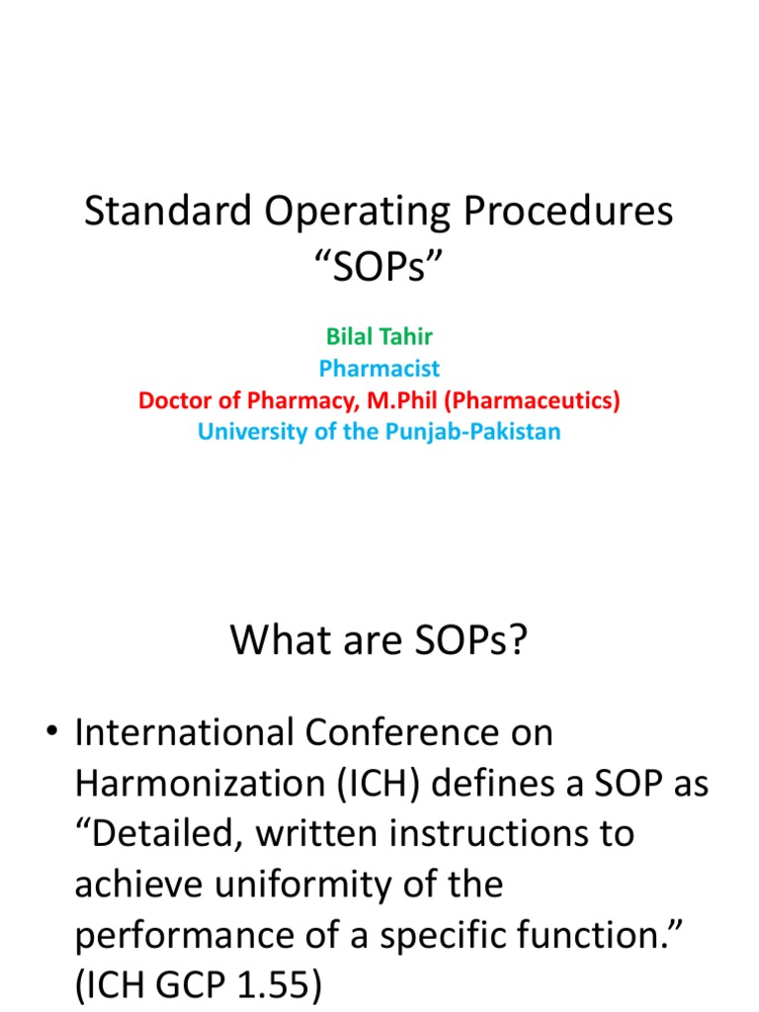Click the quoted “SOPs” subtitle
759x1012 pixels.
click(x=379, y=265)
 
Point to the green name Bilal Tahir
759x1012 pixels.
click(x=379, y=336)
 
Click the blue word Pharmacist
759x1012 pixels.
click(x=379, y=369)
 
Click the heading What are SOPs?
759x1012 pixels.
click(x=379, y=640)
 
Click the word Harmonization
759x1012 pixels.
click(x=188, y=784)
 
